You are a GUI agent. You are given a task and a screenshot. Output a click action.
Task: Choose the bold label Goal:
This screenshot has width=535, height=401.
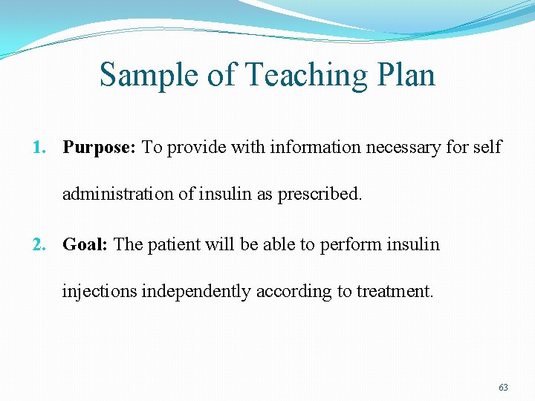coord(85,244)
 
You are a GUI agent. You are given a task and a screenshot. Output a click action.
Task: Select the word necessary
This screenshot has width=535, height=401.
coord(406,147)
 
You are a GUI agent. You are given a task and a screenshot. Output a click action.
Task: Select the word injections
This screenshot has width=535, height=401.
coord(99,292)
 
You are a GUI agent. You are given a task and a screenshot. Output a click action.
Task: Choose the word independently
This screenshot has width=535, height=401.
coord(196,292)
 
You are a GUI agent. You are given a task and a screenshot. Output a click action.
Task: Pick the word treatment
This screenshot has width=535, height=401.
coord(395,292)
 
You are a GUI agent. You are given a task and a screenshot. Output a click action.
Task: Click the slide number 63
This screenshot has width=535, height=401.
coord(503,388)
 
